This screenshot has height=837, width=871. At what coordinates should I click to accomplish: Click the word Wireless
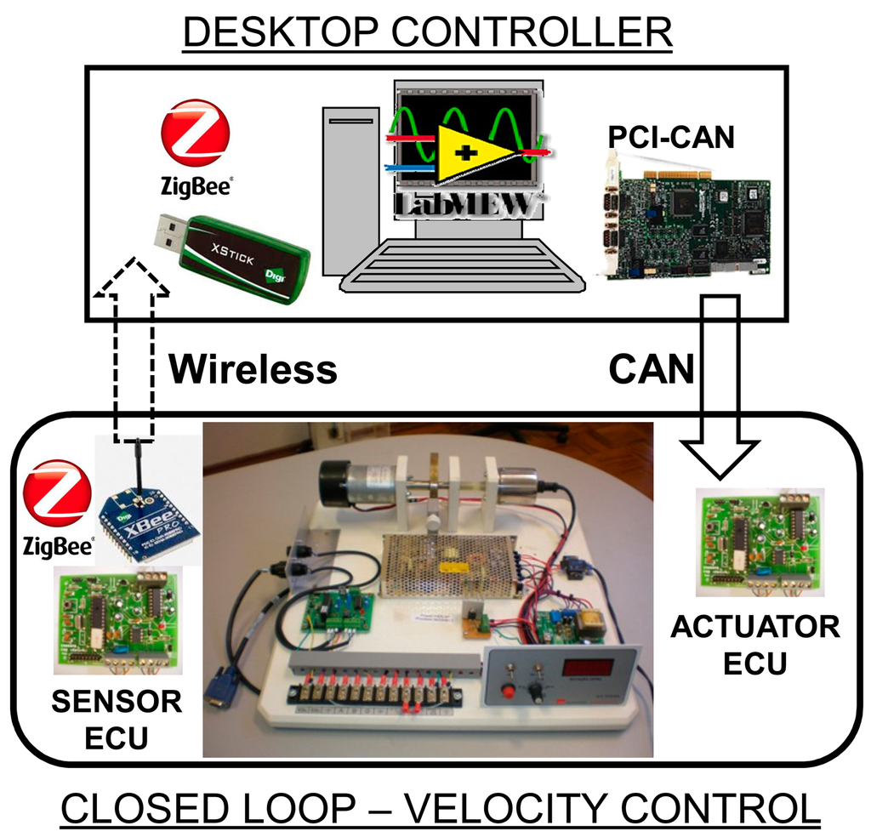(252, 369)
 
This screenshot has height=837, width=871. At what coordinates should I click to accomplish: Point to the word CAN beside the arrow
(652, 369)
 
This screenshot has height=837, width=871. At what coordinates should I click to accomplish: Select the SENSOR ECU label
(117, 718)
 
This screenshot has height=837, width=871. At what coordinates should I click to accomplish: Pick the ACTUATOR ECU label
(755, 644)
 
